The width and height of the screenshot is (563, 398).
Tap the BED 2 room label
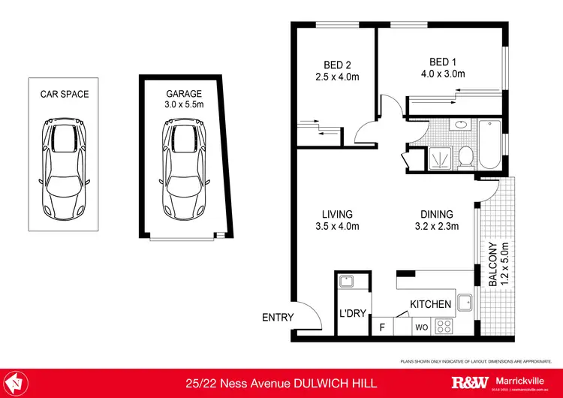pos(334,63)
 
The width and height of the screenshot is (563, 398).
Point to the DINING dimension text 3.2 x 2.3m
pos(437,226)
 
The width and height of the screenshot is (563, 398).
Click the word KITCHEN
pos(430,304)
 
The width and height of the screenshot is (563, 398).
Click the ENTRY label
pos(277,318)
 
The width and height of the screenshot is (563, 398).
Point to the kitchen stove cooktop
pos(444,327)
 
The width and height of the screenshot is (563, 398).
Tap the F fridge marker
pos(383,327)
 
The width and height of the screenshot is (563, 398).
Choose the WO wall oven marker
pos(421,327)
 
